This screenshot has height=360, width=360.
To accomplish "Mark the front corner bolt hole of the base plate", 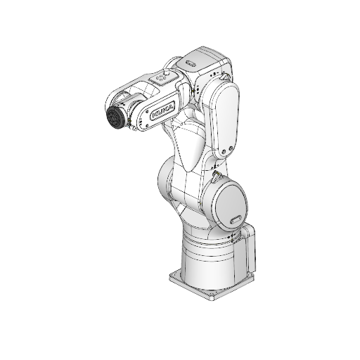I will (207, 295).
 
